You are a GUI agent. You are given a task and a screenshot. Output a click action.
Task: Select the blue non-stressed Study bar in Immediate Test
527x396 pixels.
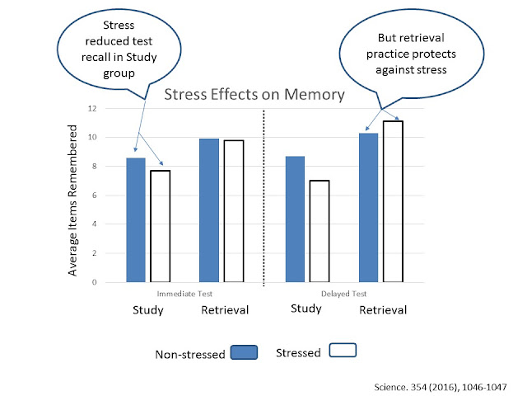pos(136,219)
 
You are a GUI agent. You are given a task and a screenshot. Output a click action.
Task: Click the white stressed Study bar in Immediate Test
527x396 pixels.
pos(159,226)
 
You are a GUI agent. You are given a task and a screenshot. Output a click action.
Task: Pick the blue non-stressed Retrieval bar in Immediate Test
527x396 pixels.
pos(209,210)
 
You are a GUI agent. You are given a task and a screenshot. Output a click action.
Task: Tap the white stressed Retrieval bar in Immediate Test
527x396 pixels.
pos(234,211)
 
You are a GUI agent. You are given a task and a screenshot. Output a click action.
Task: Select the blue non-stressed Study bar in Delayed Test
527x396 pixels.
pos(294,219)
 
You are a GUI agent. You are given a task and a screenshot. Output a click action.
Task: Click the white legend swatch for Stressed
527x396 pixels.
pos(343,351)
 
